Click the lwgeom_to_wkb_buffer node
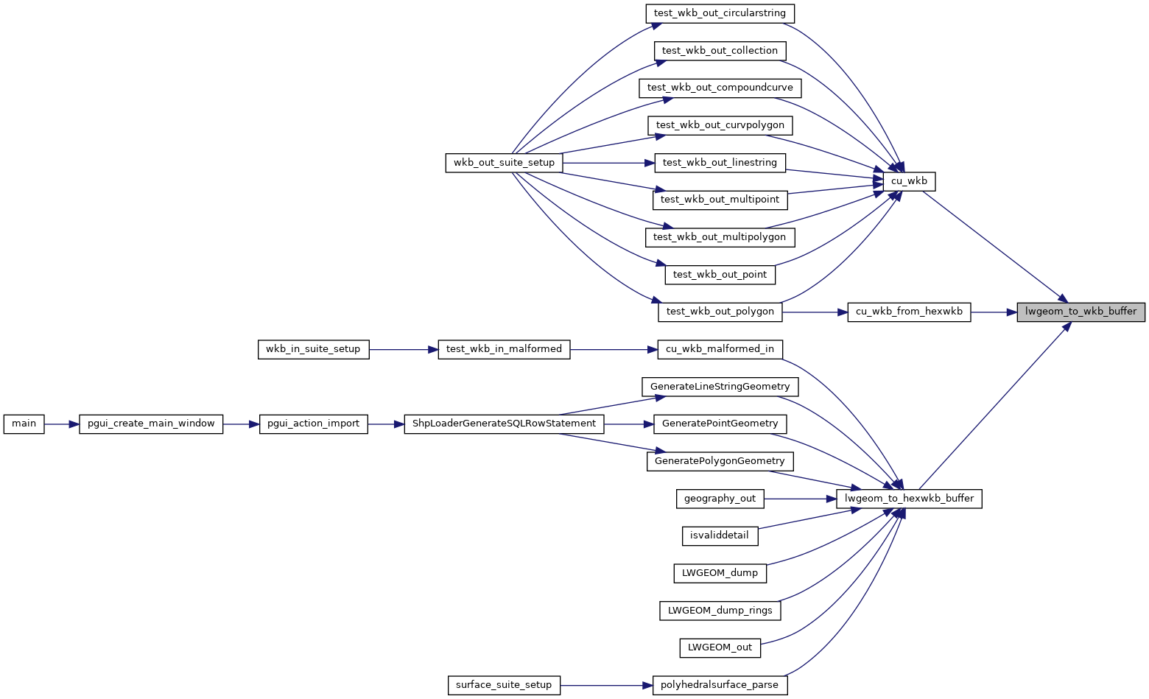pyautogui.click(x=1081, y=312)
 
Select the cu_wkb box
pyautogui.click(x=909, y=181)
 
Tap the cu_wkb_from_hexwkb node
pyautogui.click(x=909, y=312)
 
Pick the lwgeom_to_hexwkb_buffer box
pyautogui.click(x=909, y=499)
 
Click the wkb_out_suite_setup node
pyautogui.click(x=504, y=163)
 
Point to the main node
pyautogui.click(x=24, y=424)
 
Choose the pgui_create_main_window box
pyautogui.click(x=151, y=424)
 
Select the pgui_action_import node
pyautogui.click(x=313, y=424)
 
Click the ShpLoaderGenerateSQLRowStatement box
pyautogui.click(x=504, y=424)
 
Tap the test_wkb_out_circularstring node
pyautogui.click(x=720, y=13)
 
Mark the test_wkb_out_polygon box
pyautogui.click(x=720, y=312)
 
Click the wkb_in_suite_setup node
pyautogui.click(x=313, y=349)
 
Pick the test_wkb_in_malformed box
pyautogui.click(x=504, y=349)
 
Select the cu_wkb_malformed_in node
pyautogui.click(x=720, y=349)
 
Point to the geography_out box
pyautogui.click(x=720, y=499)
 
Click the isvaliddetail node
pyautogui.click(x=720, y=535)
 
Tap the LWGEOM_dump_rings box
pyautogui.click(x=720, y=611)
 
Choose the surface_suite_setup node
pyautogui.click(x=504, y=685)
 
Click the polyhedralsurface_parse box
pyautogui.click(x=720, y=685)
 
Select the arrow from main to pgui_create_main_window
pyautogui.click(x=62, y=424)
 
